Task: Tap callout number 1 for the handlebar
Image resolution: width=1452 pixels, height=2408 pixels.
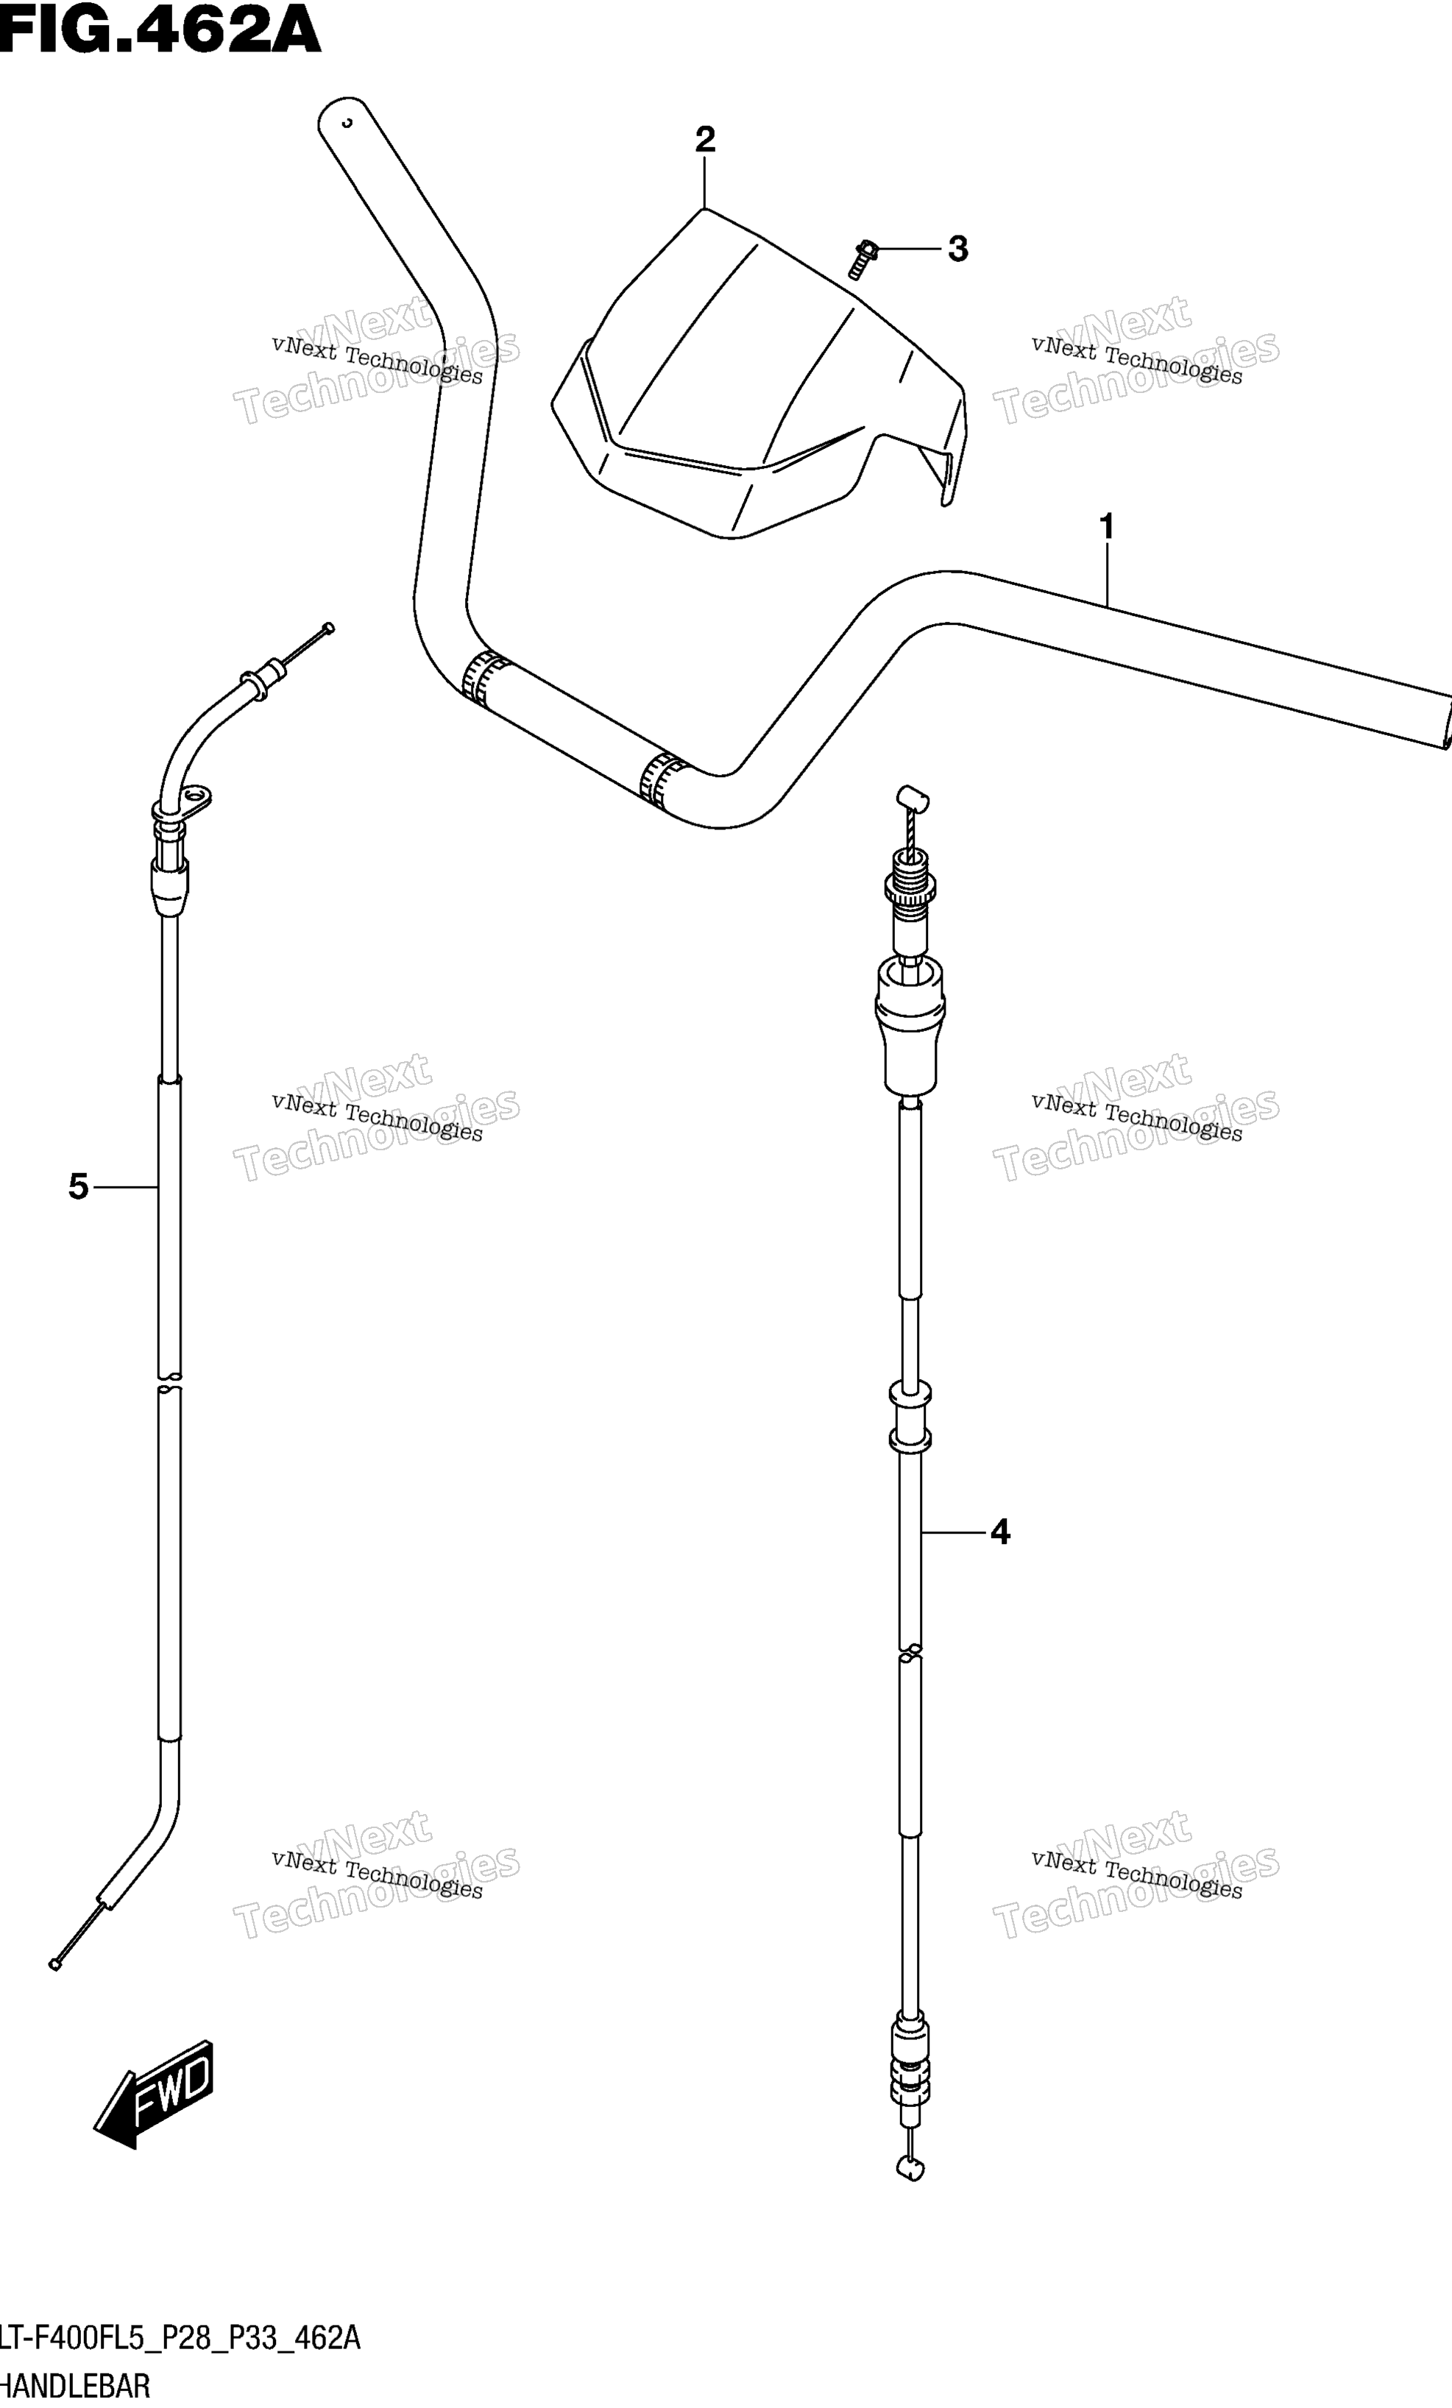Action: (1106, 528)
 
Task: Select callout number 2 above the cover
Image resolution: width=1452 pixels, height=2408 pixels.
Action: (704, 140)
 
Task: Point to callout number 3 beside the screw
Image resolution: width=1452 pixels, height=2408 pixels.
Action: (957, 249)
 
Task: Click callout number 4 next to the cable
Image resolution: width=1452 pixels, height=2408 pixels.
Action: (999, 1531)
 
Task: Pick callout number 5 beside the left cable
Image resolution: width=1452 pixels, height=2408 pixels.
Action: (78, 1187)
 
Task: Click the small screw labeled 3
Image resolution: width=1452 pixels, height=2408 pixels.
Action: (862, 259)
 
